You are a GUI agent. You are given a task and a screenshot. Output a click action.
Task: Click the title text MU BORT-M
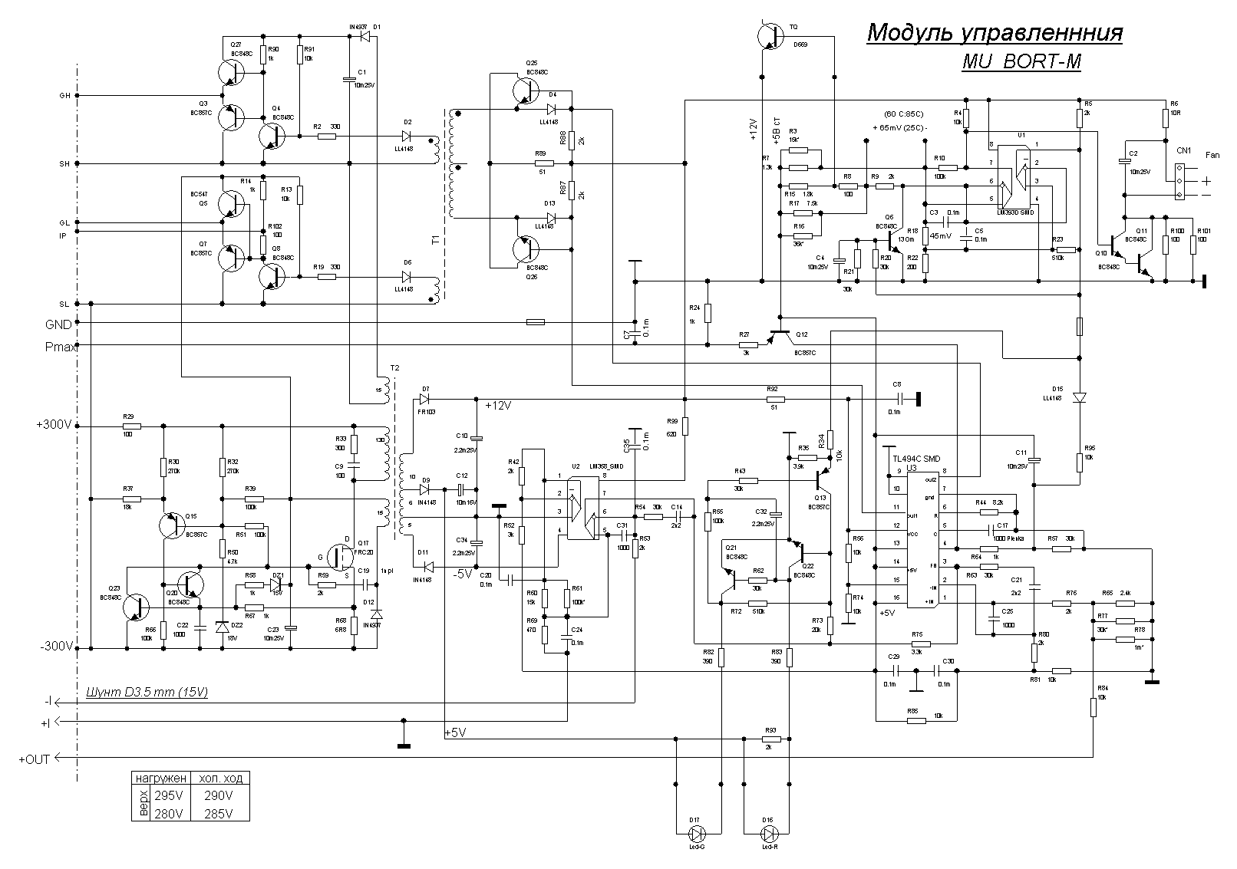click(x=1021, y=63)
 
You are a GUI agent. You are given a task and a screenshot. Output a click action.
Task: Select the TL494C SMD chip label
click(x=909, y=458)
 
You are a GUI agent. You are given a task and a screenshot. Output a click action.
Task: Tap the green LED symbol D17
click(x=698, y=833)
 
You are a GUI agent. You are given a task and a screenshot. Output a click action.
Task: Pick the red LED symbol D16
click(x=767, y=833)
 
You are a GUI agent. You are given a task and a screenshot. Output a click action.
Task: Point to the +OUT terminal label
click(x=34, y=759)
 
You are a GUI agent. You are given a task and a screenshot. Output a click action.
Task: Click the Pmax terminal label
click(x=60, y=347)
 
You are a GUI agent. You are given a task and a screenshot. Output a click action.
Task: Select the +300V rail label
click(x=54, y=424)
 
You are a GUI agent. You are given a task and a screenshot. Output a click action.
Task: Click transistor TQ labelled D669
click(x=768, y=35)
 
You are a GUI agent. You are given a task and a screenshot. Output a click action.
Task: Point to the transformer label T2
click(x=394, y=368)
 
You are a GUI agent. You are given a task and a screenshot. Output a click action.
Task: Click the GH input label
click(x=64, y=96)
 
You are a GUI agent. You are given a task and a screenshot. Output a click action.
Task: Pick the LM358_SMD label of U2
click(x=606, y=466)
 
